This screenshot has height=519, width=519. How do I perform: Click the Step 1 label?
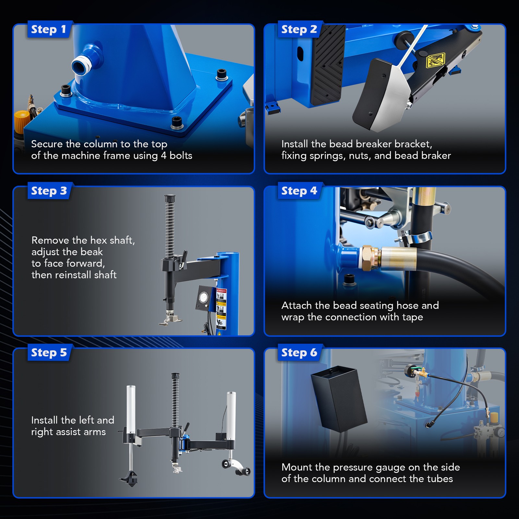point(49,30)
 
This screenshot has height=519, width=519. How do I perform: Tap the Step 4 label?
point(299,191)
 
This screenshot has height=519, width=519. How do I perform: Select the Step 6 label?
point(299,353)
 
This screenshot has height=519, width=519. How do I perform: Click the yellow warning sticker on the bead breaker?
point(435,61)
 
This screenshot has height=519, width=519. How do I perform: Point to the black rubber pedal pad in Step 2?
point(327,65)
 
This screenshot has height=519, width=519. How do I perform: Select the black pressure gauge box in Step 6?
point(339,399)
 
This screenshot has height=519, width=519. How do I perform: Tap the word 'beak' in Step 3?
point(91,252)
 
